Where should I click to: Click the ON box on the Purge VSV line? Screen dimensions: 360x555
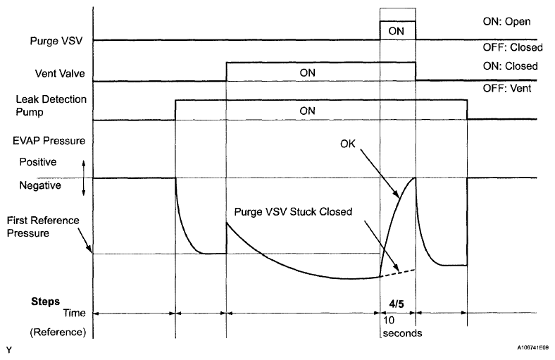point(397,31)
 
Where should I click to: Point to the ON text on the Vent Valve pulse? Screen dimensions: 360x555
point(306,72)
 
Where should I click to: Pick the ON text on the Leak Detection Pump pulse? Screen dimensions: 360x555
point(306,111)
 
